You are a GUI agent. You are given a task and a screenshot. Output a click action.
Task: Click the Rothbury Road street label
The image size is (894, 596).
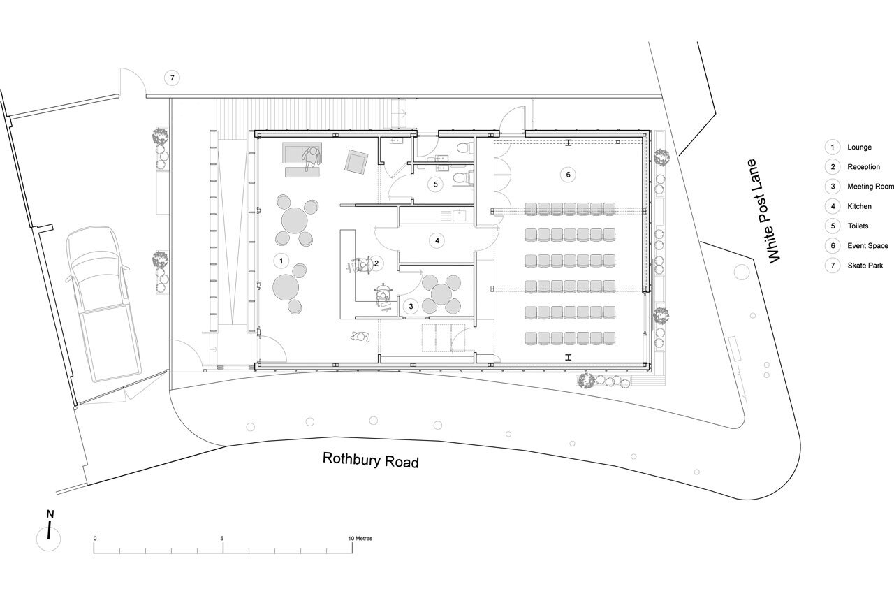point(370,460)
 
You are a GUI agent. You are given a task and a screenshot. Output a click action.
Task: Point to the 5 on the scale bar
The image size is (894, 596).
point(222,538)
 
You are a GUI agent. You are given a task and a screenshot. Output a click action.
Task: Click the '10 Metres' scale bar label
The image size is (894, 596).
point(360,538)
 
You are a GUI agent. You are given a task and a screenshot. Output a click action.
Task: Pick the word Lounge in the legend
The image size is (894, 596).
point(859,147)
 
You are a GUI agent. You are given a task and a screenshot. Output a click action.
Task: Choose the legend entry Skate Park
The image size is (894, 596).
point(865,266)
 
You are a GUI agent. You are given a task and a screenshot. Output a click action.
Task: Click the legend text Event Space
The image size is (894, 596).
point(867,245)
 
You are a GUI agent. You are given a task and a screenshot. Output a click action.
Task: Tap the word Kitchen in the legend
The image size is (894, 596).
point(859,206)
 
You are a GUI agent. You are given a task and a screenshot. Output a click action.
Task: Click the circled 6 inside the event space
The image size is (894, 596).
point(568,175)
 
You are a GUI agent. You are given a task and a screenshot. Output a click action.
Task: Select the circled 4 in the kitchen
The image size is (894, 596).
point(437,241)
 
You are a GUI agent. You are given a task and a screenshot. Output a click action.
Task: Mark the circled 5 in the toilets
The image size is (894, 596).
point(435,184)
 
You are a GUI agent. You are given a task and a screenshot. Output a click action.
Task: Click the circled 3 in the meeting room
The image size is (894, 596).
point(411,307)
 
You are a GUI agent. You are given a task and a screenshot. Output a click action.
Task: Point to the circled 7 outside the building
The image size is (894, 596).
point(172,78)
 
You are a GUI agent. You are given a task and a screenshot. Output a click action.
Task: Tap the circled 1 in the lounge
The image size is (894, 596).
point(281,261)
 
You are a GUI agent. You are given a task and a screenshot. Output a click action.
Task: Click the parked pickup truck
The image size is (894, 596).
point(103,304)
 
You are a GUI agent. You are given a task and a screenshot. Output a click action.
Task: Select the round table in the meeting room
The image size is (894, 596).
point(441,294)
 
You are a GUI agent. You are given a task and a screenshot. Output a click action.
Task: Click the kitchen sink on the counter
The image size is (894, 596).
point(459,216)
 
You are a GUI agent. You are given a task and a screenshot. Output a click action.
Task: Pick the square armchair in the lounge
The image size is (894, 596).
point(356,162)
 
